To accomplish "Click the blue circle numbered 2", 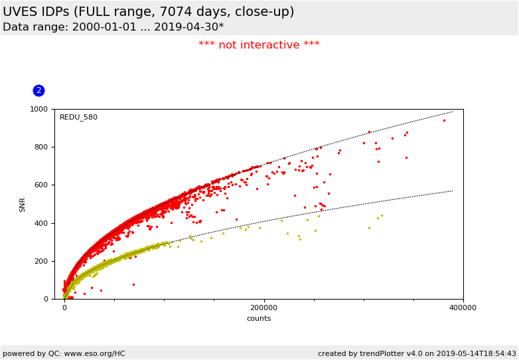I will coord(38,90).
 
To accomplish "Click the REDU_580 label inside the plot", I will coord(78,118).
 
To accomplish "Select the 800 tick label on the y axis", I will coord(40,147).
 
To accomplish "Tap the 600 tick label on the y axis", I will coord(40,185).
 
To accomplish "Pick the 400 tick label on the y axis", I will coord(40,223).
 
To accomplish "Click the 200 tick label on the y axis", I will coord(40,261).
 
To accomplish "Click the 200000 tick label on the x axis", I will coord(264,308).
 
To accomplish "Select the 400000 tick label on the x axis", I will coord(463,308).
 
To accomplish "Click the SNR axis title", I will coord(23,204).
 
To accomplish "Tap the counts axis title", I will coord(259,319).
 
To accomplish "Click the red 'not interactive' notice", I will coord(259,45).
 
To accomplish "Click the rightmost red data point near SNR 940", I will coord(444,120).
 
